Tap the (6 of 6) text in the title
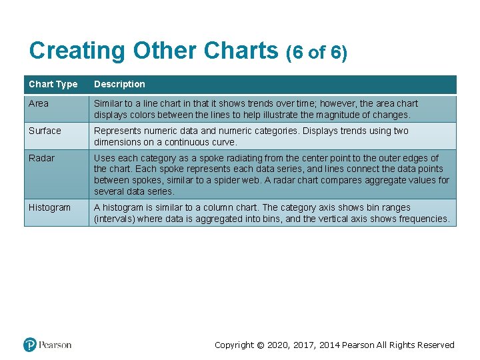tap(316, 52)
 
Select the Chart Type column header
tap(53, 84)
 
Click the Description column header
tap(119, 84)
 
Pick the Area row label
tap(39, 103)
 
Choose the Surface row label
tap(45, 131)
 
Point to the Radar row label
tap(41, 158)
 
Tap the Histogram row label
tap(49, 207)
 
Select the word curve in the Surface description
tap(224, 142)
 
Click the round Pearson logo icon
tap(30, 345)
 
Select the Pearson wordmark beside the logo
tap(55, 345)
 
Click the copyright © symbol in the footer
tap(260, 345)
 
